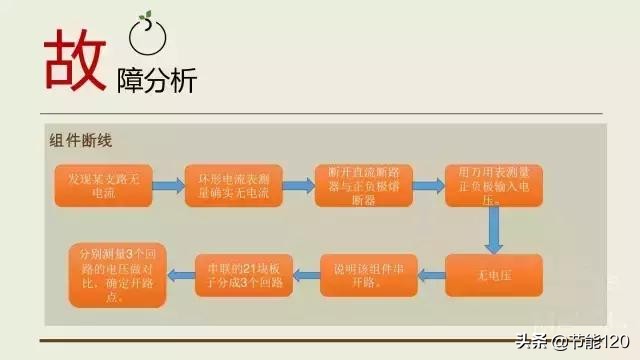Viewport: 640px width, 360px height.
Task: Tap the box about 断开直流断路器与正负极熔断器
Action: pos(363,185)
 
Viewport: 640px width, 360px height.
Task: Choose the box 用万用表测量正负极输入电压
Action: pos(493,185)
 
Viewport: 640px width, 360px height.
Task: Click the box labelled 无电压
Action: pos(493,274)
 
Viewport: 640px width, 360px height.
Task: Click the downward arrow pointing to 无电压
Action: pos(493,231)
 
